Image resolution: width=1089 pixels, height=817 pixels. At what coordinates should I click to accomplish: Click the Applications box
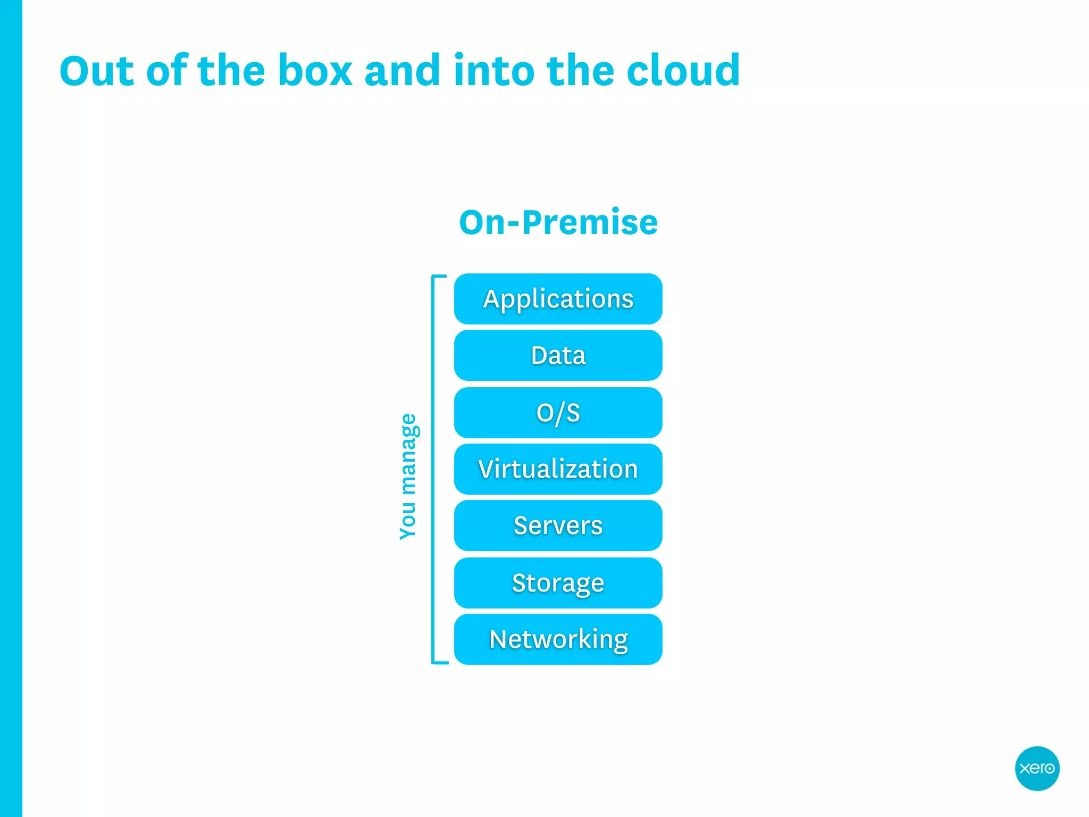558,299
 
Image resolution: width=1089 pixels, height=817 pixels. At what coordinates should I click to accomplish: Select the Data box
558,355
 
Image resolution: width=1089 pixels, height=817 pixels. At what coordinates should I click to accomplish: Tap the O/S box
558,413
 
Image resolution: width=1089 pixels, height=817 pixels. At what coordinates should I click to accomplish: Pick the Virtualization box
558,469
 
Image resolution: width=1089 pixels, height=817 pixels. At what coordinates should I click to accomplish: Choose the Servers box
558,526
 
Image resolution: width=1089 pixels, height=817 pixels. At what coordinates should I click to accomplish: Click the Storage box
558,582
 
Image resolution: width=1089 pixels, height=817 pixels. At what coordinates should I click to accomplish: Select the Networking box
558,639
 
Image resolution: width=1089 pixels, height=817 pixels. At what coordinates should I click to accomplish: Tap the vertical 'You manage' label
408,476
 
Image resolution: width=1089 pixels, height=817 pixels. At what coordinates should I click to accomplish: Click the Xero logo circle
1037,768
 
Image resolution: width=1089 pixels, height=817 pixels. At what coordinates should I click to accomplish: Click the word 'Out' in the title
96,71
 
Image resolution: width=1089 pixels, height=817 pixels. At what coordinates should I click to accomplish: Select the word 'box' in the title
315,71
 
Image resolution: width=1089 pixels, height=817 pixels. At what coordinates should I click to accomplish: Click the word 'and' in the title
402,71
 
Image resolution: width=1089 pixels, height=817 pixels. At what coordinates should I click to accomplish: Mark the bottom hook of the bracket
440,663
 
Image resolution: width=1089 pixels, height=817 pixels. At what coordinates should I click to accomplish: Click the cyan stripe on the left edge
11,408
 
